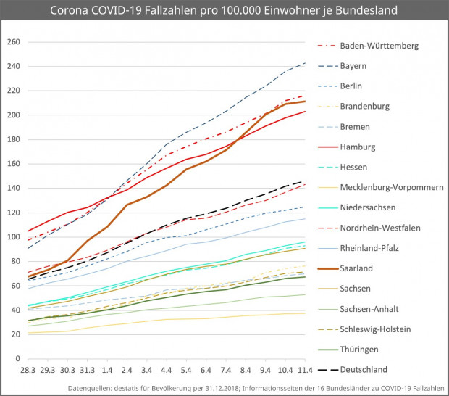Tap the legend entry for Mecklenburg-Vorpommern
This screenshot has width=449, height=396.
click(392, 187)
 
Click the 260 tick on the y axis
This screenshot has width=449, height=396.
click(12, 42)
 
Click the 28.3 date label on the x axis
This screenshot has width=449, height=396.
click(28, 371)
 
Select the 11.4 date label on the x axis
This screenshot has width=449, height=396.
click(304, 371)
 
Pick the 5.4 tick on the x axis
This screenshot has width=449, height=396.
click(187, 371)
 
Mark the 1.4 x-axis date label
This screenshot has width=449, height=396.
click(107, 371)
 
